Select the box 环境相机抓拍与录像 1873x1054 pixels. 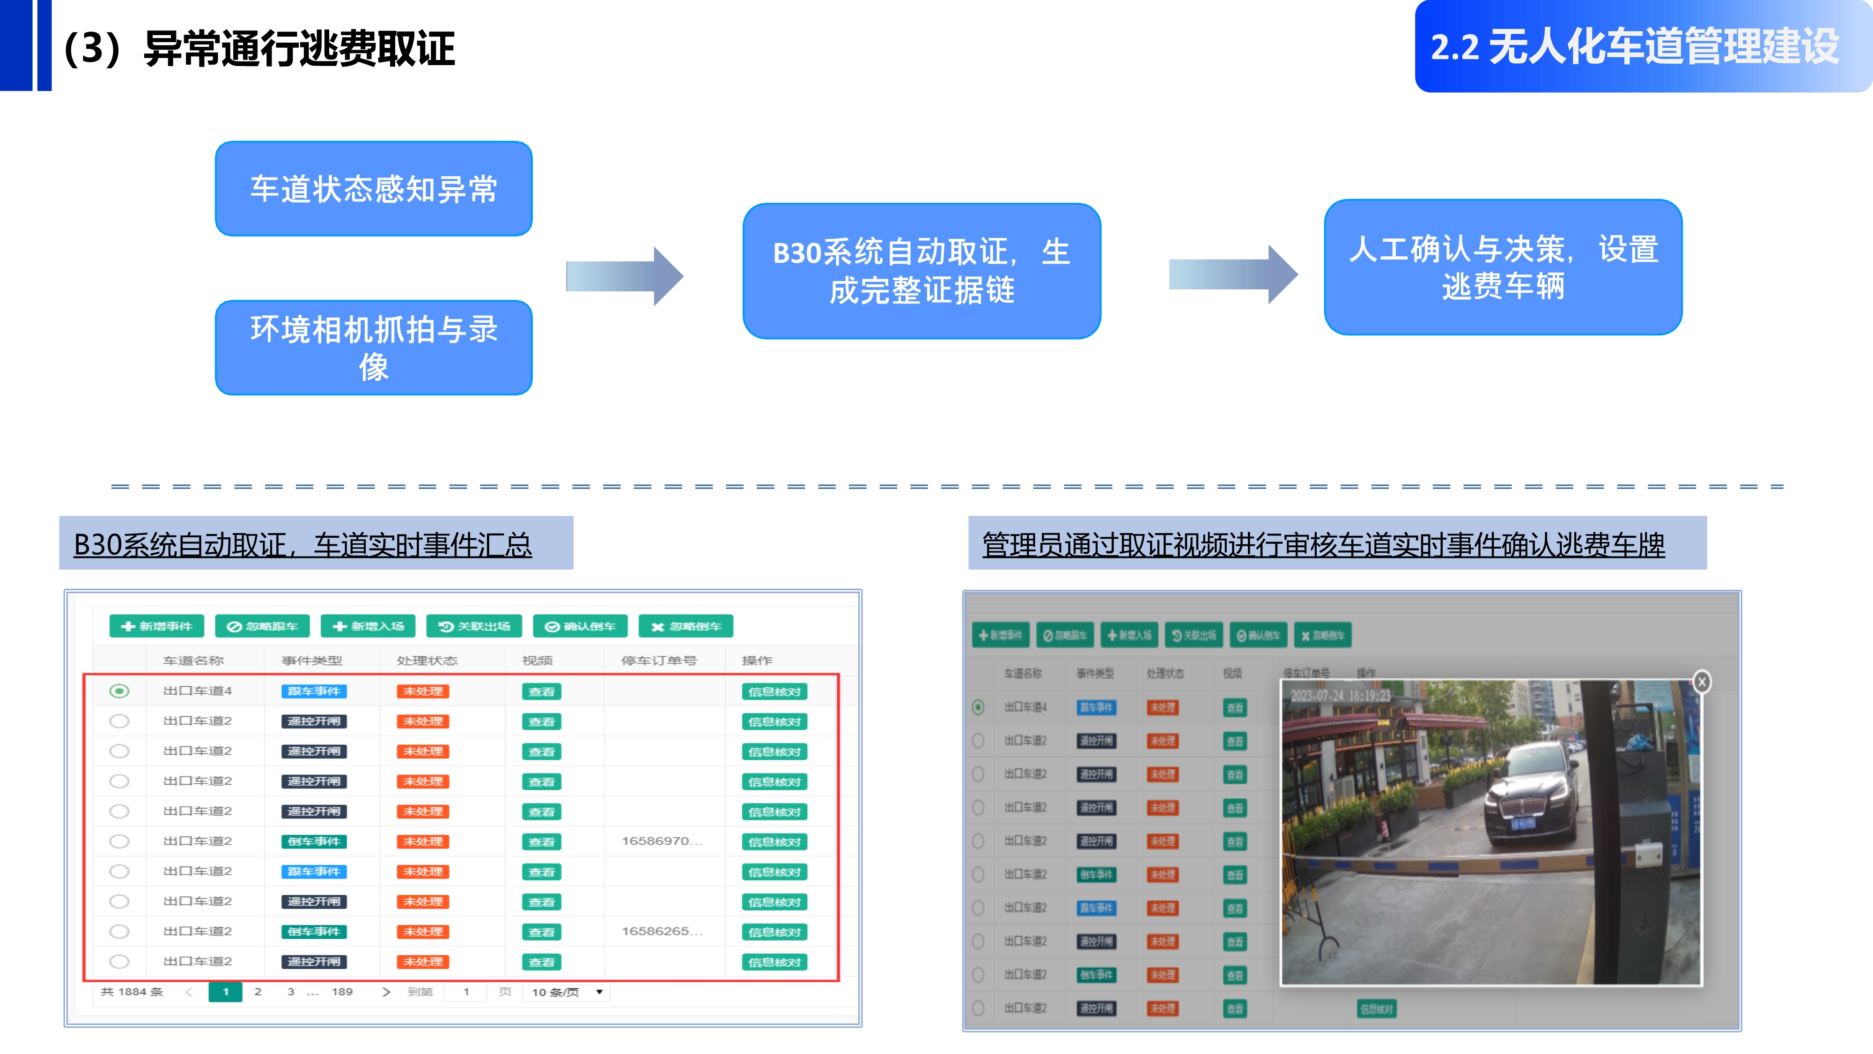374,348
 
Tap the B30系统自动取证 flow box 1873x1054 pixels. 921,271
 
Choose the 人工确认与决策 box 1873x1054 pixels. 1503,267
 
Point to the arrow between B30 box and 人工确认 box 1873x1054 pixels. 1232,274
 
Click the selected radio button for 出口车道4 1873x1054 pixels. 119,691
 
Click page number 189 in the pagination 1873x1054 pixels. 342,991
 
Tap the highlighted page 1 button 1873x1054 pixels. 225,991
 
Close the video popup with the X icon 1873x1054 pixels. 1702,682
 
